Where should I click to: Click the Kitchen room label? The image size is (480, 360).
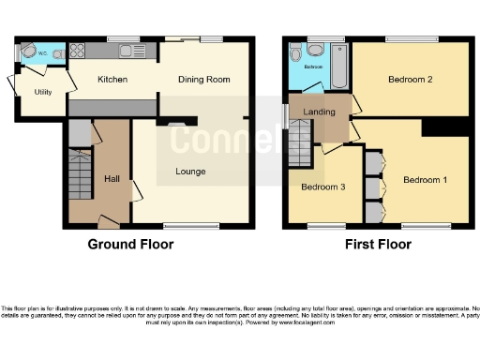click(112, 80)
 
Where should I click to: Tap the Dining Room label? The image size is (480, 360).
click(204, 80)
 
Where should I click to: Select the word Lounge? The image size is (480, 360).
click(191, 172)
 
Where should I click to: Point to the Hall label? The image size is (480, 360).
click(112, 178)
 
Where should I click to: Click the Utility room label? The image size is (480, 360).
click(43, 92)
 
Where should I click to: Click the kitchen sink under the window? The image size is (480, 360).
click(125, 51)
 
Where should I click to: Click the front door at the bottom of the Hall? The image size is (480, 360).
click(110, 224)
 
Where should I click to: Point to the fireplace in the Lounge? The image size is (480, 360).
click(175, 122)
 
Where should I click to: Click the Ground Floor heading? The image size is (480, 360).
click(130, 244)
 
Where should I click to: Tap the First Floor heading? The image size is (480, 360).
click(380, 244)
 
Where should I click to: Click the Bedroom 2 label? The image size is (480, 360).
click(410, 80)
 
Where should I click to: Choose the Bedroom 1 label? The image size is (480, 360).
click(425, 179)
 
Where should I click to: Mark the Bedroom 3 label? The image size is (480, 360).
click(323, 187)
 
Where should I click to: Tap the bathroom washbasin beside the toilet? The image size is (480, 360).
click(314, 49)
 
